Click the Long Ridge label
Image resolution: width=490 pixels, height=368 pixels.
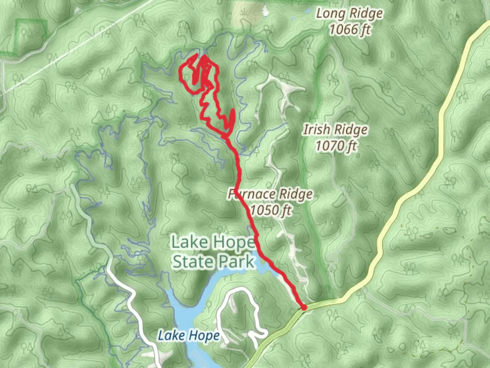tap(349, 14)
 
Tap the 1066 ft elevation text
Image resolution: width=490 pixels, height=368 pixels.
tap(349, 30)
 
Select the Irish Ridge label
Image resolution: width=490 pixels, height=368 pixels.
tap(336, 130)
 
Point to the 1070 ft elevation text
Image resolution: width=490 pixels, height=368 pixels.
tap(336, 146)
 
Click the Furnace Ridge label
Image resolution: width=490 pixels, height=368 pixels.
tap(271, 194)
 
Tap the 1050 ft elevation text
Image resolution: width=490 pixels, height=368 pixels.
tap(271, 210)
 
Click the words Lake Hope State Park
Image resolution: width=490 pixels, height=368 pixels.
tap(213, 252)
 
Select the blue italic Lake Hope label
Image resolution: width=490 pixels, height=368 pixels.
tap(189, 336)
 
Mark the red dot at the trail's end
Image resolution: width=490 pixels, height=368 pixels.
tap(304, 307)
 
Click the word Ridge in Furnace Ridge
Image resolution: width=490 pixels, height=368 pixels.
tap(295, 194)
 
